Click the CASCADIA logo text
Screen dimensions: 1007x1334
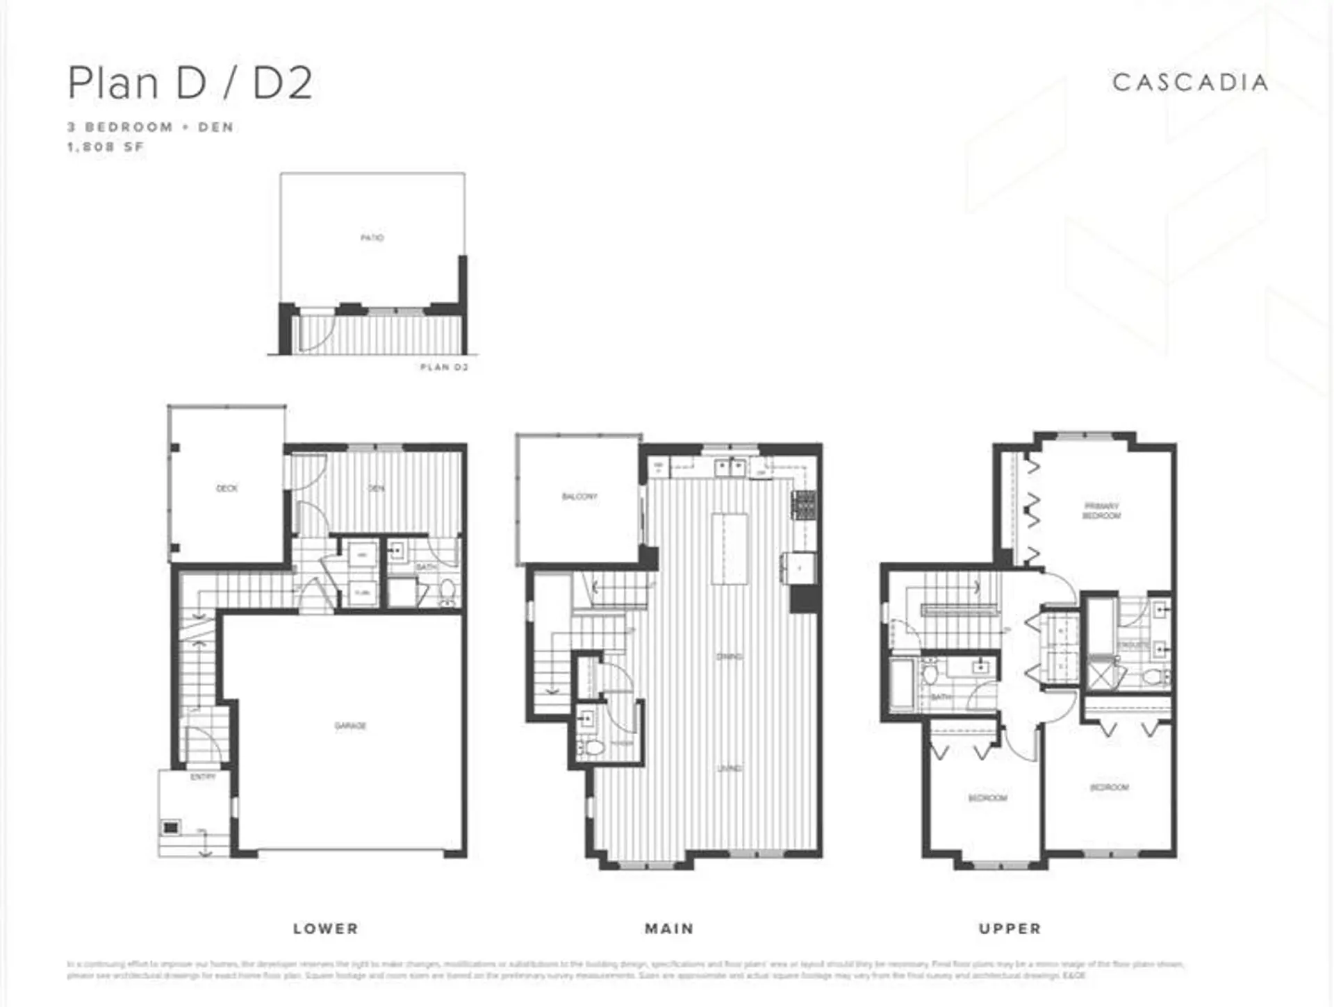pos(1189,83)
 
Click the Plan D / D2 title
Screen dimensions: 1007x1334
pos(190,83)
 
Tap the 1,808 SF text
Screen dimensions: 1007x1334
pos(105,147)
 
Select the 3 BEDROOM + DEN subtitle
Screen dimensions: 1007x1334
pos(150,127)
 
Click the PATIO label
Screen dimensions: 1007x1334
pos(372,238)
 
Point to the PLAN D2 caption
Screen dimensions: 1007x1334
pos(444,367)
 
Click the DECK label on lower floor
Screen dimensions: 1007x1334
pos(227,488)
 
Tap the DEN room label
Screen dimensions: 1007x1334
pos(376,488)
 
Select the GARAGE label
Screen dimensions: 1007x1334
pos(350,726)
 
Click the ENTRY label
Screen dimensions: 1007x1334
pos(203,776)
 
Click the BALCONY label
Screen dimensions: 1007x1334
pos(579,497)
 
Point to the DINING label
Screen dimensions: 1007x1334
pos(730,656)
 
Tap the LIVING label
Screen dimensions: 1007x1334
pos(730,769)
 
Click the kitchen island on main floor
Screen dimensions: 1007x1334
pos(730,549)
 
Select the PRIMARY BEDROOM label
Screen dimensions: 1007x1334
pos(1101,511)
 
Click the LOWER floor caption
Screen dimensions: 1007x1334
pos(325,929)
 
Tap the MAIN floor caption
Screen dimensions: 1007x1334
pos(668,929)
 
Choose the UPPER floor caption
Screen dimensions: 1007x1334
pos(1010,929)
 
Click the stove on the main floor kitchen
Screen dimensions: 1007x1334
pos(805,505)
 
